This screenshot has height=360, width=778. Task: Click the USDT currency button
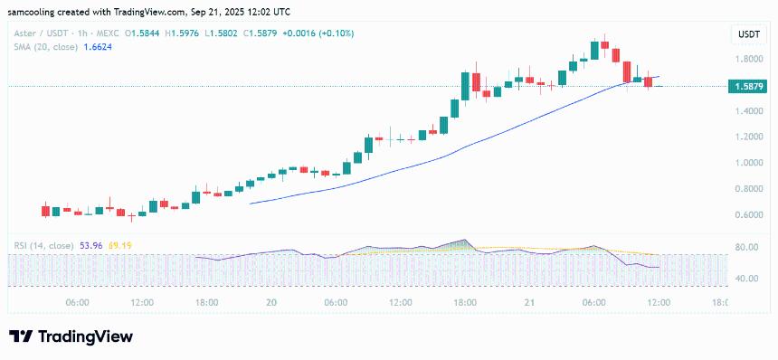point(749,33)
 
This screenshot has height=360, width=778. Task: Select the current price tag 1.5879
point(749,87)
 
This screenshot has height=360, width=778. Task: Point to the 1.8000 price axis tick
point(749,60)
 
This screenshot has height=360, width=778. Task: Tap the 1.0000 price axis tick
point(749,164)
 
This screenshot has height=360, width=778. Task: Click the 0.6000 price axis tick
point(749,215)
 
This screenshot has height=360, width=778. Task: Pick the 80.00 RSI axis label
point(747,247)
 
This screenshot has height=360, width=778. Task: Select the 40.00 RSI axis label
point(747,279)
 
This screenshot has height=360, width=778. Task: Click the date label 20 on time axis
point(270,302)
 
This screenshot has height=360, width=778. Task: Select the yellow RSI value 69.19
point(120,245)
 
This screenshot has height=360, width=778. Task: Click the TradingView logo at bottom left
point(71,336)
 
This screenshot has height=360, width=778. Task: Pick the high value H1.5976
point(185,33)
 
